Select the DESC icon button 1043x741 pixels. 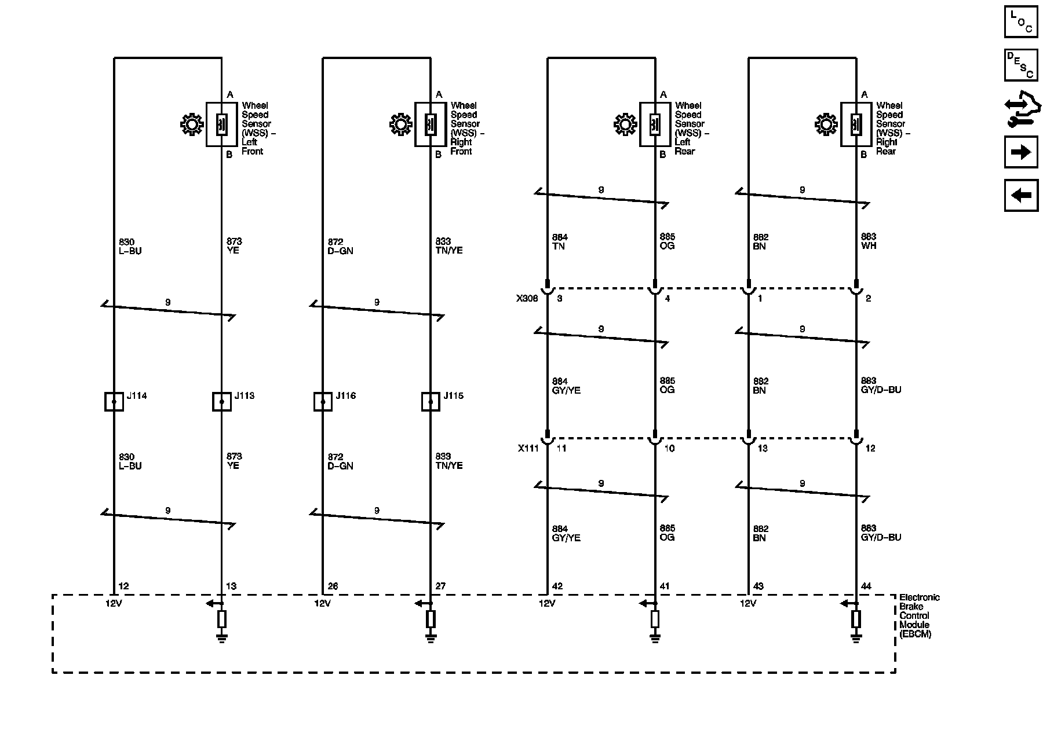[x=1021, y=65]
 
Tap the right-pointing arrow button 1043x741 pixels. [x=1021, y=152]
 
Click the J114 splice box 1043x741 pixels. [x=114, y=401]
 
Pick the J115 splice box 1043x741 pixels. [x=430, y=401]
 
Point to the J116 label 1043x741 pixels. [x=346, y=396]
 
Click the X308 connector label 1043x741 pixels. [x=527, y=299]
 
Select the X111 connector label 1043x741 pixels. [x=528, y=448]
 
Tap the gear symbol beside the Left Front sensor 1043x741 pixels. [x=192, y=125]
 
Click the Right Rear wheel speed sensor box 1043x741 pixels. [x=856, y=124]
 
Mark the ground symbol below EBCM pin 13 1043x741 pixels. [x=221, y=639]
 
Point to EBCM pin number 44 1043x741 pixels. [x=866, y=586]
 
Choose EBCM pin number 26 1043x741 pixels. [x=333, y=586]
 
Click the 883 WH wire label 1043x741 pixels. [x=869, y=241]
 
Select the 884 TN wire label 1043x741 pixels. [x=560, y=241]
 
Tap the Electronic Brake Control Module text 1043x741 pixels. [x=919, y=615]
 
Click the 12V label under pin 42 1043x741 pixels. [x=547, y=603]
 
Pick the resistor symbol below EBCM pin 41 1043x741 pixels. [x=655, y=619]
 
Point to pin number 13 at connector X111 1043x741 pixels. [x=763, y=449]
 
